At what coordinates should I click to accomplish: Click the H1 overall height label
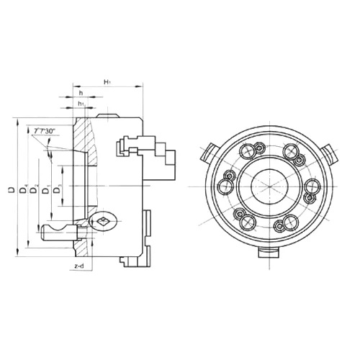point(107,84)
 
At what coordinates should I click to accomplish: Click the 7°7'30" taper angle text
point(45,130)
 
